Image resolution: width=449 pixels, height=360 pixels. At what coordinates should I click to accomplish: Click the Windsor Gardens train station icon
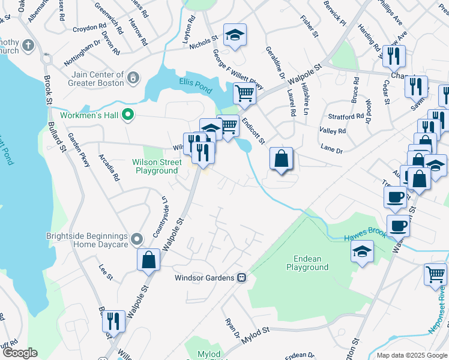click(x=241, y=278)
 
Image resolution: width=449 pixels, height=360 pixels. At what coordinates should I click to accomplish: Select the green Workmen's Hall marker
click(x=127, y=113)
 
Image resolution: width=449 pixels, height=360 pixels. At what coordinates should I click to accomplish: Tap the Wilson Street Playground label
click(x=157, y=166)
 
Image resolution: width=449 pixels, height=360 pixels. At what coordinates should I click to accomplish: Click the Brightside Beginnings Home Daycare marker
click(x=136, y=240)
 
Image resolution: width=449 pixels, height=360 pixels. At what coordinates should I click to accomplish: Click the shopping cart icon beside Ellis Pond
click(x=244, y=95)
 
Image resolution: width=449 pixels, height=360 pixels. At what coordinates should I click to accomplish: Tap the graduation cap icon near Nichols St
click(x=235, y=35)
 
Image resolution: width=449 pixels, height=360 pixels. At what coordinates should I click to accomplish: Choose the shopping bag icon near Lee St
click(x=148, y=260)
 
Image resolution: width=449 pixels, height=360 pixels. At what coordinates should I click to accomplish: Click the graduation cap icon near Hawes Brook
click(x=362, y=252)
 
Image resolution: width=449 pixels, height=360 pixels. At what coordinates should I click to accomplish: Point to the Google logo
click(x=20, y=353)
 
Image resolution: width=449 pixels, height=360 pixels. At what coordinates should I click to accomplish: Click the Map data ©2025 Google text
click(x=411, y=355)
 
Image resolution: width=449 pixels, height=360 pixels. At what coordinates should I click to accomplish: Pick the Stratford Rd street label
click(x=346, y=116)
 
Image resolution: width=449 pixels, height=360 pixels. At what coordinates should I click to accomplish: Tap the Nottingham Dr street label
click(x=82, y=46)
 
